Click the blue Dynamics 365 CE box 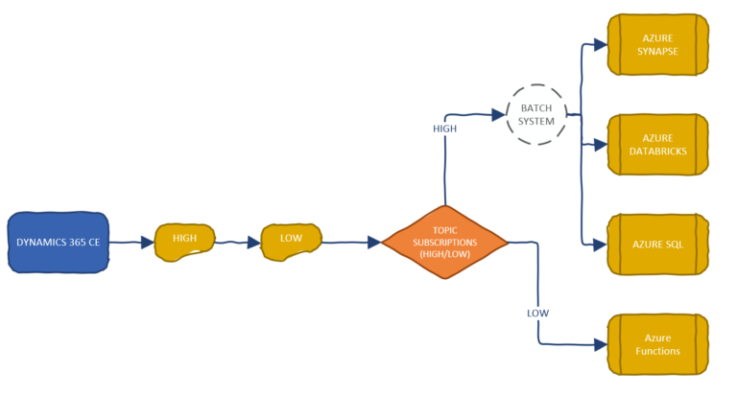tap(58, 242)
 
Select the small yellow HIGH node tap(184, 239)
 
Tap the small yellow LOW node tap(291, 239)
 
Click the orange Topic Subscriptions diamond tap(443, 242)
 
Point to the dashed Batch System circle tap(536, 114)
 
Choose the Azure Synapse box tap(658, 44)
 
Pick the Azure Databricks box tap(658, 144)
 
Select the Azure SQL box tap(658, 244)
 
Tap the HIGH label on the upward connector tap(445, 128)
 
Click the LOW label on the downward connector tap(537, 313)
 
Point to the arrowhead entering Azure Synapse tap(600, 44)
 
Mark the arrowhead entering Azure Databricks tap(600, 145)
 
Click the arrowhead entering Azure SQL tap(600, 245)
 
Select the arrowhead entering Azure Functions tap(600, 343)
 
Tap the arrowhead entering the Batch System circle tap(498, 114)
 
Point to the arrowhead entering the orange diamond tap(373, 243)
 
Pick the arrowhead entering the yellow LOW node tap(254, 243)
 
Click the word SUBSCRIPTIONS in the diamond tap(443, 242)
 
